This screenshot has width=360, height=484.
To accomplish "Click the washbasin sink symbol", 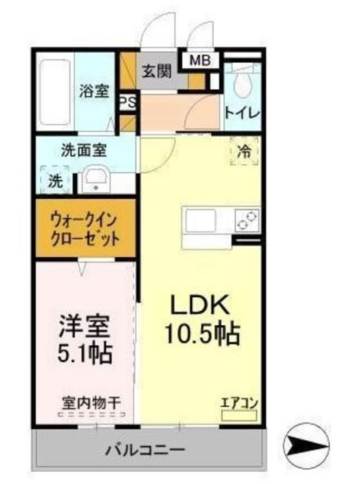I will [96, 180].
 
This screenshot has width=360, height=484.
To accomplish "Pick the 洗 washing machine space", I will [56, 181].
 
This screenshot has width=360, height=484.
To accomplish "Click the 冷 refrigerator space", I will [244, 151].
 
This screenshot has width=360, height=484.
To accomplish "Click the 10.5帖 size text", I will [202, 331].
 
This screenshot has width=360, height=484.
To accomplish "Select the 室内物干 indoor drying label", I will [92, 402].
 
